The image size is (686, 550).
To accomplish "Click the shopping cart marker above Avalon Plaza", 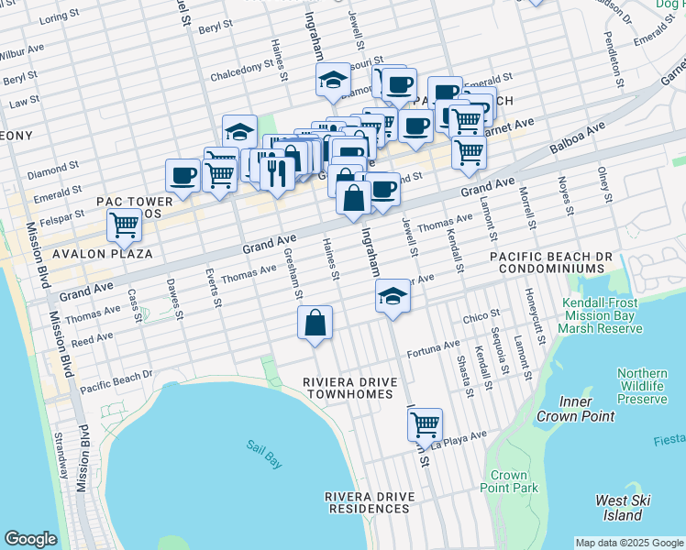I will [x=124, y=225].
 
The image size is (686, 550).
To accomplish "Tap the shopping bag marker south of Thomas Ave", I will [x=315, y=323].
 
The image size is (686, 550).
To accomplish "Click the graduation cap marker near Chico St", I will [x=393, y=296].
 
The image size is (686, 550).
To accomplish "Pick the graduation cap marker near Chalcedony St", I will [x=333, y=81].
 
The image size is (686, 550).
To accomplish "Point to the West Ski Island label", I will [x=624, y=508].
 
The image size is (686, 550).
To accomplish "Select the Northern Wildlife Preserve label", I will [x=642, y=386].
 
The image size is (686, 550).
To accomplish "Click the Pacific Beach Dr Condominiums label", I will [x=547, y=261].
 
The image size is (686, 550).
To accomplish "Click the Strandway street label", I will [x=61, y=455].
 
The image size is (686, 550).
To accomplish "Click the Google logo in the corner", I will [x=30, y=538].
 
